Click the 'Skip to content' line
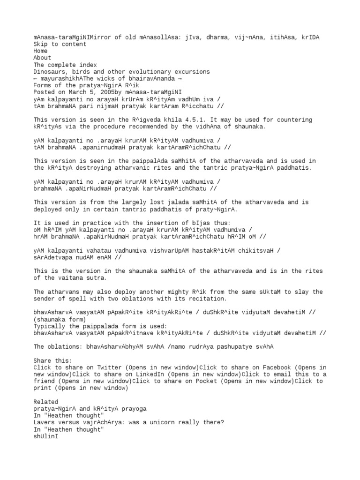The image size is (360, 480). coord(60,45)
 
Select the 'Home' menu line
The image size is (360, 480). coord(40,51)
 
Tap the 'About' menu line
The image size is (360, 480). coord(42,58)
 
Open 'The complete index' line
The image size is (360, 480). coord(65,65)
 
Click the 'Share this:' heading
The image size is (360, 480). coord(52,361)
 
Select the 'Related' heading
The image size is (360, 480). coord(46,402)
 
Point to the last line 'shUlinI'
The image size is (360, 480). coord(45,436)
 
